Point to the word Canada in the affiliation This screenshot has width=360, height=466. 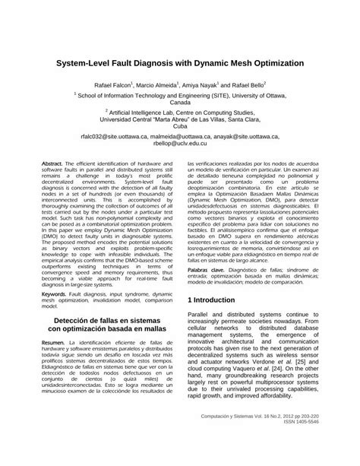click(180, 101)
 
